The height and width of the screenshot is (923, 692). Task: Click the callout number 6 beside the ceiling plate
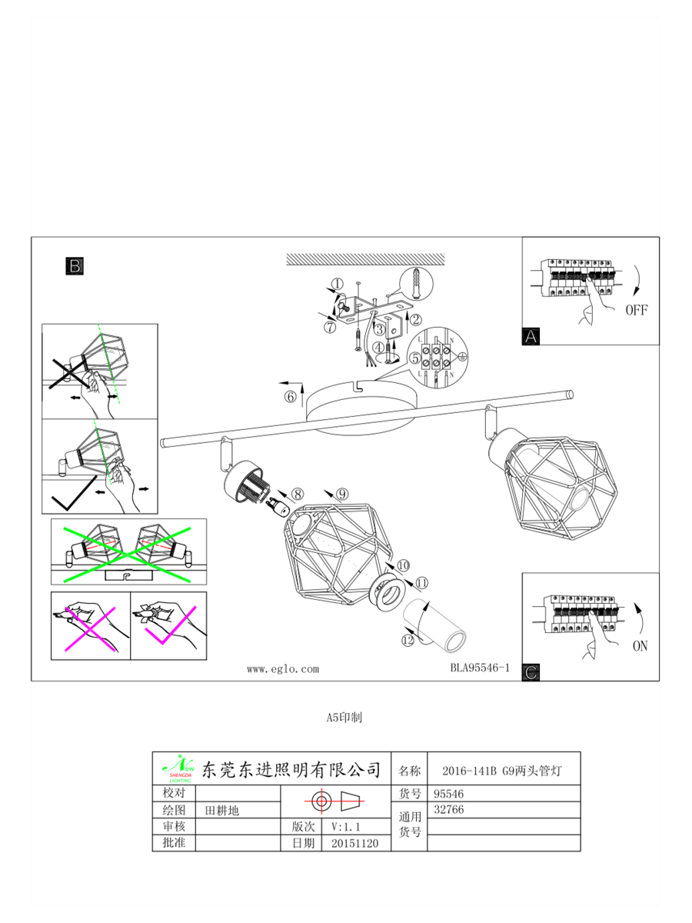[x=290, y=397]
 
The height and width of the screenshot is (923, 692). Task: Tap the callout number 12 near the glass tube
[x=408, y=638]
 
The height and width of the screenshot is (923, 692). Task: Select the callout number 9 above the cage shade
[x=342, y=494]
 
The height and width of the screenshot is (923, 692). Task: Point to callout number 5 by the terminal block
[x=414, y=358]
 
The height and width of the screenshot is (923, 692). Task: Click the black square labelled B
[x=75, y=266]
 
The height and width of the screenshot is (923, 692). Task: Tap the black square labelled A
[x=531, y=335]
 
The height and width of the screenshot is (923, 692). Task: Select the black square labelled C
[x=531, y=671]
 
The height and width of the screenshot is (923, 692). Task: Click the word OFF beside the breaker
[x=636, y=311]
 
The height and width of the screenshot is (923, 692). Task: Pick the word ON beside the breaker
[x=640, y=646]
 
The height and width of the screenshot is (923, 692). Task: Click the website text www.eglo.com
[x=282, y=669]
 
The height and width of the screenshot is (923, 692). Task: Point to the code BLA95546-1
[x=480, y=668]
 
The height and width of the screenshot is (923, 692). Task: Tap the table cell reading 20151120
[x=354, y=843]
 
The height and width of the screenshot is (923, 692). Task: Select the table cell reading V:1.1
[x=346, y=827]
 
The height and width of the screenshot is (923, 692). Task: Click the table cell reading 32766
[x=449, y=810]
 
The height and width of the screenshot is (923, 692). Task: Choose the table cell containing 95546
[x=449, y=793]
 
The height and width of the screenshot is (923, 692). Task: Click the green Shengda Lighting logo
[x=178, y=768]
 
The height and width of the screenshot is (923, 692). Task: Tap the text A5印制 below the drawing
[x=344, y=717]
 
